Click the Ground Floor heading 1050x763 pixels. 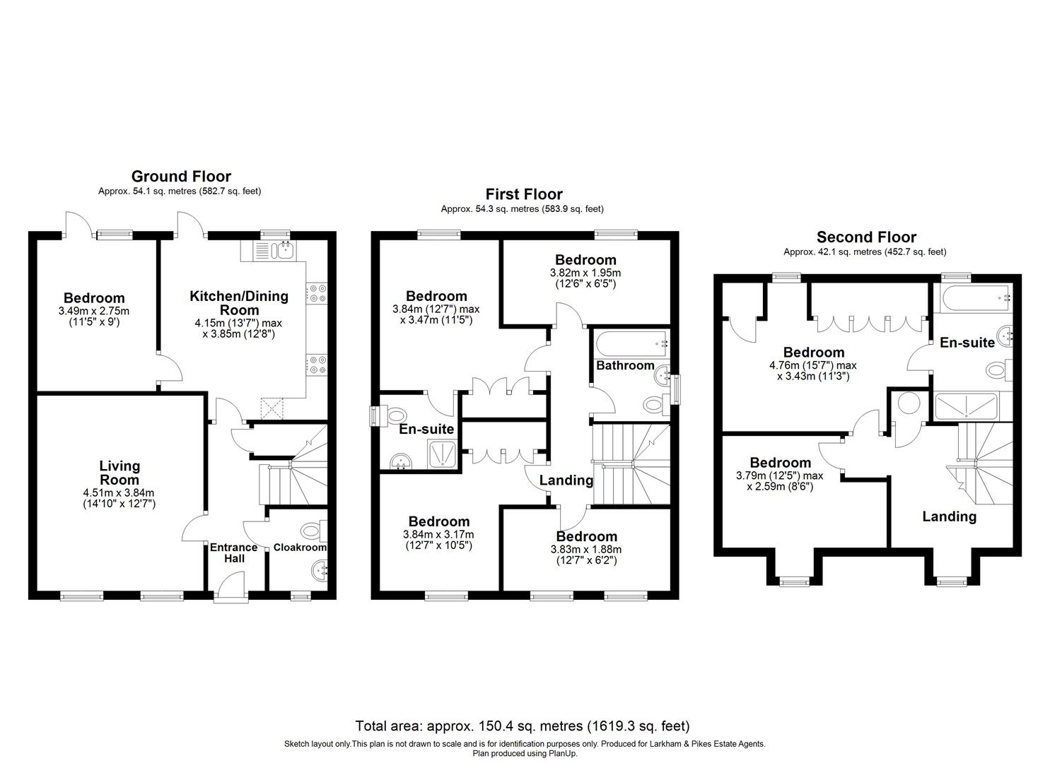[181, 177]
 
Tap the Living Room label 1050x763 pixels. [119, 473]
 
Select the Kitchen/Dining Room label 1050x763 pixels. [238, 303]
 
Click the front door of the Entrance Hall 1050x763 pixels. [232, 588]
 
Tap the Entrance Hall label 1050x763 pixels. [234, 552]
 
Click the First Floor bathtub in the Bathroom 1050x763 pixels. [631, 344]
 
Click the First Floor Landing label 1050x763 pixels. [566, 480]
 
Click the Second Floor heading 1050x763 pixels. [866, 237]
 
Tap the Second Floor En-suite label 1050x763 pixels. [967, 343]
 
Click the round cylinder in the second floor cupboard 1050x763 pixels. [908, 404]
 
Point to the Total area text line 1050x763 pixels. [522, 726]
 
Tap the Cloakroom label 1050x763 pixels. [300, 548]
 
